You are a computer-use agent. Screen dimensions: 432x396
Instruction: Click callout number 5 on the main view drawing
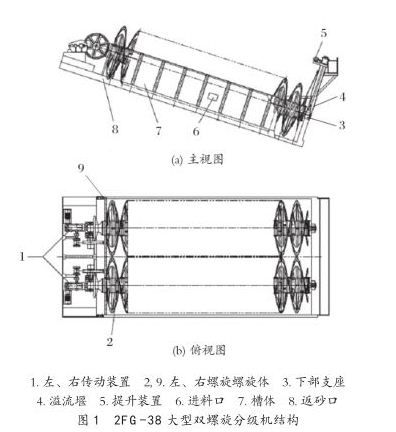[323, 32]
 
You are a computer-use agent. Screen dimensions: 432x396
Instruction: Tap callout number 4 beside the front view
[342, 97]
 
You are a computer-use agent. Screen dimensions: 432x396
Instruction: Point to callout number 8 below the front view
[116, 129]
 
